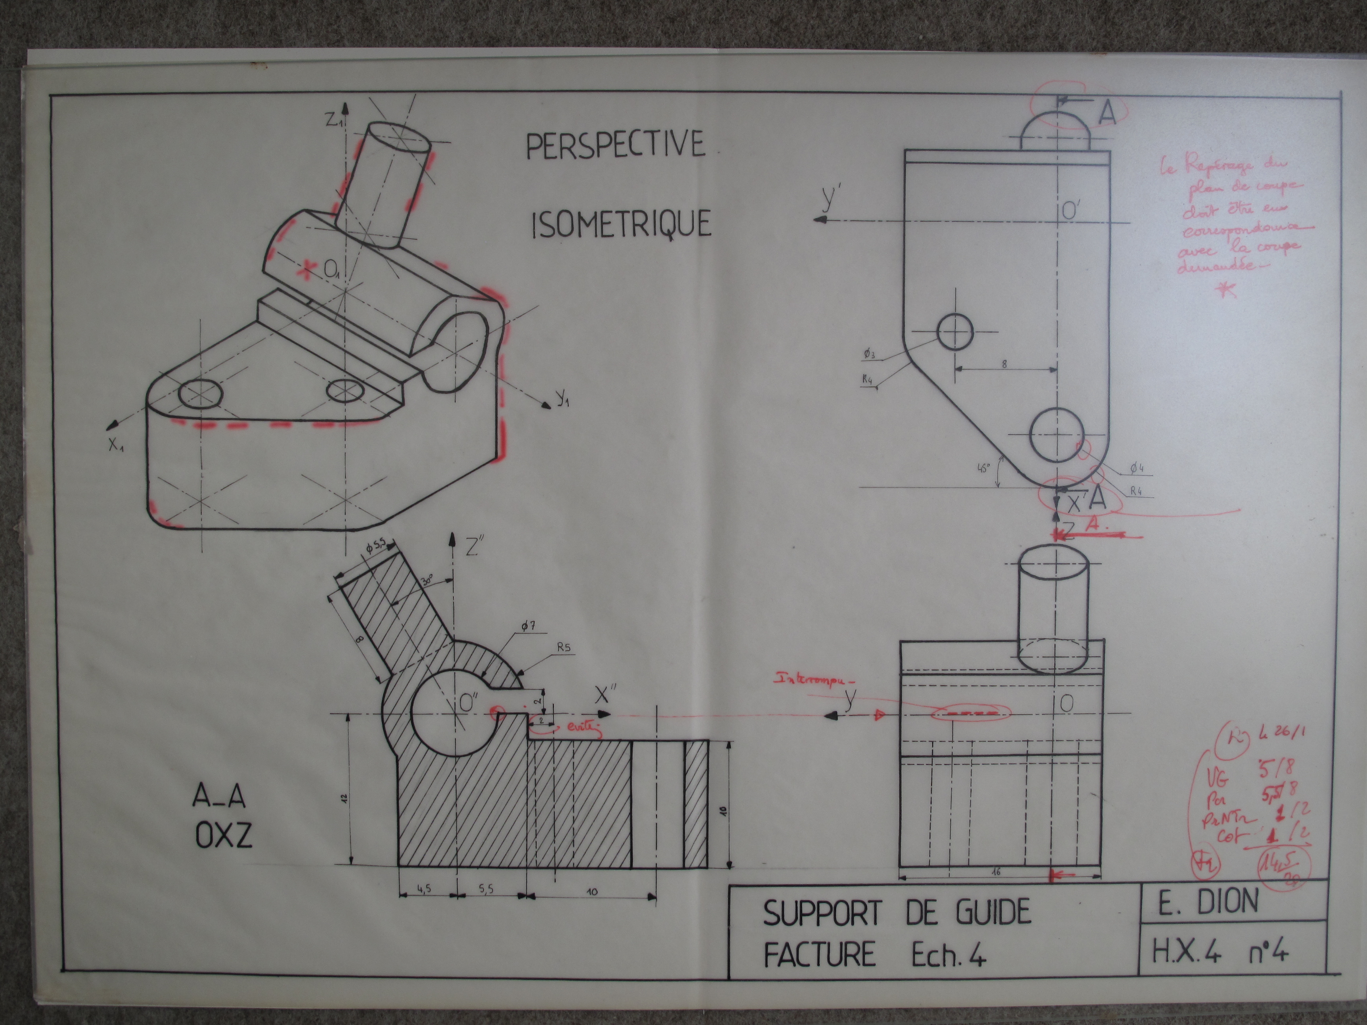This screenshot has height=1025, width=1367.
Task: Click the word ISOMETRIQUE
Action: tap(621, 224)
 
